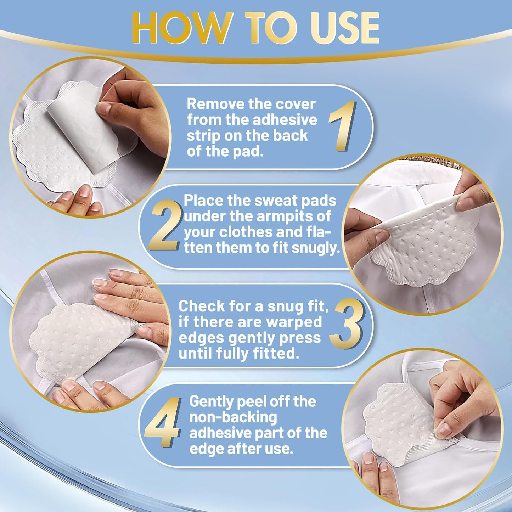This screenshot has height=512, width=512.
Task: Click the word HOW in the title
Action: coord(182,28)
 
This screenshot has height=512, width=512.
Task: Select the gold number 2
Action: coord(165,227)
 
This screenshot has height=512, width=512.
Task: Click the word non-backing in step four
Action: coord(233,417)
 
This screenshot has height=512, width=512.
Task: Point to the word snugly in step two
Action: coord(315,248)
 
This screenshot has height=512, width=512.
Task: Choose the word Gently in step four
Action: coord(211,401)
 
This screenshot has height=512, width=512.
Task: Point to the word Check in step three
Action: coord(201,306)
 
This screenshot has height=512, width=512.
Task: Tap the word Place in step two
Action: coord(203,201)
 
